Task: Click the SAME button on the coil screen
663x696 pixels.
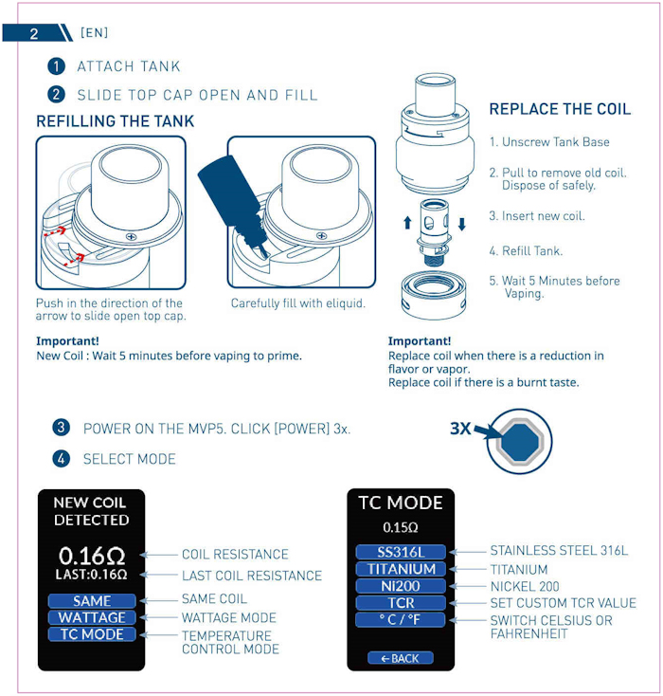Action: click(92, 600)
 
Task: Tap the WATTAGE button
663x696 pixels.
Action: click(92, 617)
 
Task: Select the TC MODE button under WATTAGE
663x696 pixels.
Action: click(92, 633)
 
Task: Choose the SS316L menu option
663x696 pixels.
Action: click(401, 552)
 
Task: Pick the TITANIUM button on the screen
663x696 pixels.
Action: click(401, 569)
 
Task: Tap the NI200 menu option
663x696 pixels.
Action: click(401, 586)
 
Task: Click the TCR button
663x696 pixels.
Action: click(401, 603)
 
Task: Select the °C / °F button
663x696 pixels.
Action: click(401, 619)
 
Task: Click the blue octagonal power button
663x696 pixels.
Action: click(520, 441)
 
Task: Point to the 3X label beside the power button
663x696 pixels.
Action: click(460, 429)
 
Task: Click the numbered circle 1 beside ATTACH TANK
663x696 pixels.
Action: click(56, 66)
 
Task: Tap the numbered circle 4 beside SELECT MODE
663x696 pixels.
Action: click(61, 459)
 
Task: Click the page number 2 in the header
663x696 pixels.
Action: click(34, 34)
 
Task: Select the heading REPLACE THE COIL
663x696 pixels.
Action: click(560, 109)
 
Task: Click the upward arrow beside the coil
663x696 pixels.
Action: click(407, 223)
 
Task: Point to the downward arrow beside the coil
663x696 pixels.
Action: click(461, 224)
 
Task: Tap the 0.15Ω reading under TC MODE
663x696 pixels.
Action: click(401, 527)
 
